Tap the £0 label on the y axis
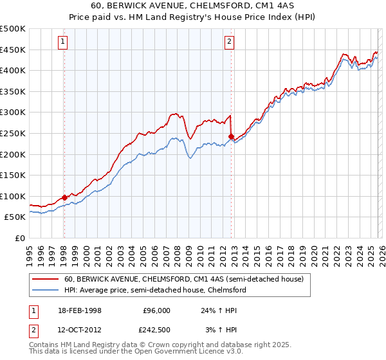click(19, 238)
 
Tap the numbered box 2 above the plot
click(230, 42)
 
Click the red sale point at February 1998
click(64, 197)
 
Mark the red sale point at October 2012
click(231, 136)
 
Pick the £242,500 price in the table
click(157, 330)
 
